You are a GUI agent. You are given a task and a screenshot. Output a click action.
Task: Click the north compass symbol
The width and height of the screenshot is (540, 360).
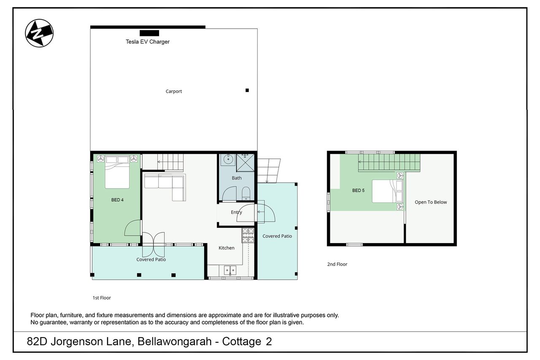[x=39, y=33]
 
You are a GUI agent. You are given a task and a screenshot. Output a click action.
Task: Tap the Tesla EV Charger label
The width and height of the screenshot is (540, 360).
[x=148, y=42]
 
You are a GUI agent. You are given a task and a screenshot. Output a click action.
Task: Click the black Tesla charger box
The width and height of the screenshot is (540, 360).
[x=149, y=33]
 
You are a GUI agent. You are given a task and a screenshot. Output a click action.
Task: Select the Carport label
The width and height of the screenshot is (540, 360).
[x=173, y=92]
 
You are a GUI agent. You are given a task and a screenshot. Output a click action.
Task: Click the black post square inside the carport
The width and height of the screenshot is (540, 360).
[x=247, y=90]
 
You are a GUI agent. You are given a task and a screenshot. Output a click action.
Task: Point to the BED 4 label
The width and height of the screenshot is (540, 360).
[x=117, y=200]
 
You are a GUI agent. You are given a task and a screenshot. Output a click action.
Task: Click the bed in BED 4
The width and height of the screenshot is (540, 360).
[x=117, y=172]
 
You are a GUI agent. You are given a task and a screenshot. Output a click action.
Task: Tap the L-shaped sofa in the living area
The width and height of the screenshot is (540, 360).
[x=165, y=187]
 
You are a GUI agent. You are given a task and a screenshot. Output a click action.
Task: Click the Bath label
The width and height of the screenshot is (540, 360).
[x=237, y=178]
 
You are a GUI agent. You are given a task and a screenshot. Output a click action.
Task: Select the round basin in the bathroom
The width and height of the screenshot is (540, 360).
[x=228, y=160]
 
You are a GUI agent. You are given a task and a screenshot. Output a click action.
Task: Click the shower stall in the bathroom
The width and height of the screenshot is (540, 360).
[x=245, y=163]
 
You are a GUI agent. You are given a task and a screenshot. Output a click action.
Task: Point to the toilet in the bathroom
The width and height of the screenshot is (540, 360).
[x=246, y=193]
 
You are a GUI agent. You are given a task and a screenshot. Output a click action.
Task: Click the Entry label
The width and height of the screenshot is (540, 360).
[x=236, y=212]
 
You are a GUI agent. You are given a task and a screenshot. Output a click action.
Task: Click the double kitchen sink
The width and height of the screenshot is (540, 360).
[x=230, y=270]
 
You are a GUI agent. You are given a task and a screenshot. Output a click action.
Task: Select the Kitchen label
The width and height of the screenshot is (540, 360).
[x=227, y=248]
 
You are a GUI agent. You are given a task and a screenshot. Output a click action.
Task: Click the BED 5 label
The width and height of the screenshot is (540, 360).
[x=358, y=190]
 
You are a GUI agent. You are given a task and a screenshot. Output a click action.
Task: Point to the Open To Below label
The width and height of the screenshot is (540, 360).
[x=431, y=202]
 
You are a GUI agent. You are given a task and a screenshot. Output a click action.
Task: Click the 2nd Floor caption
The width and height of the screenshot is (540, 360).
[x=337, y=264]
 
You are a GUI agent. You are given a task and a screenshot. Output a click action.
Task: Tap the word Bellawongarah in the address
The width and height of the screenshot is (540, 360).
[x=175, y=341]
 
